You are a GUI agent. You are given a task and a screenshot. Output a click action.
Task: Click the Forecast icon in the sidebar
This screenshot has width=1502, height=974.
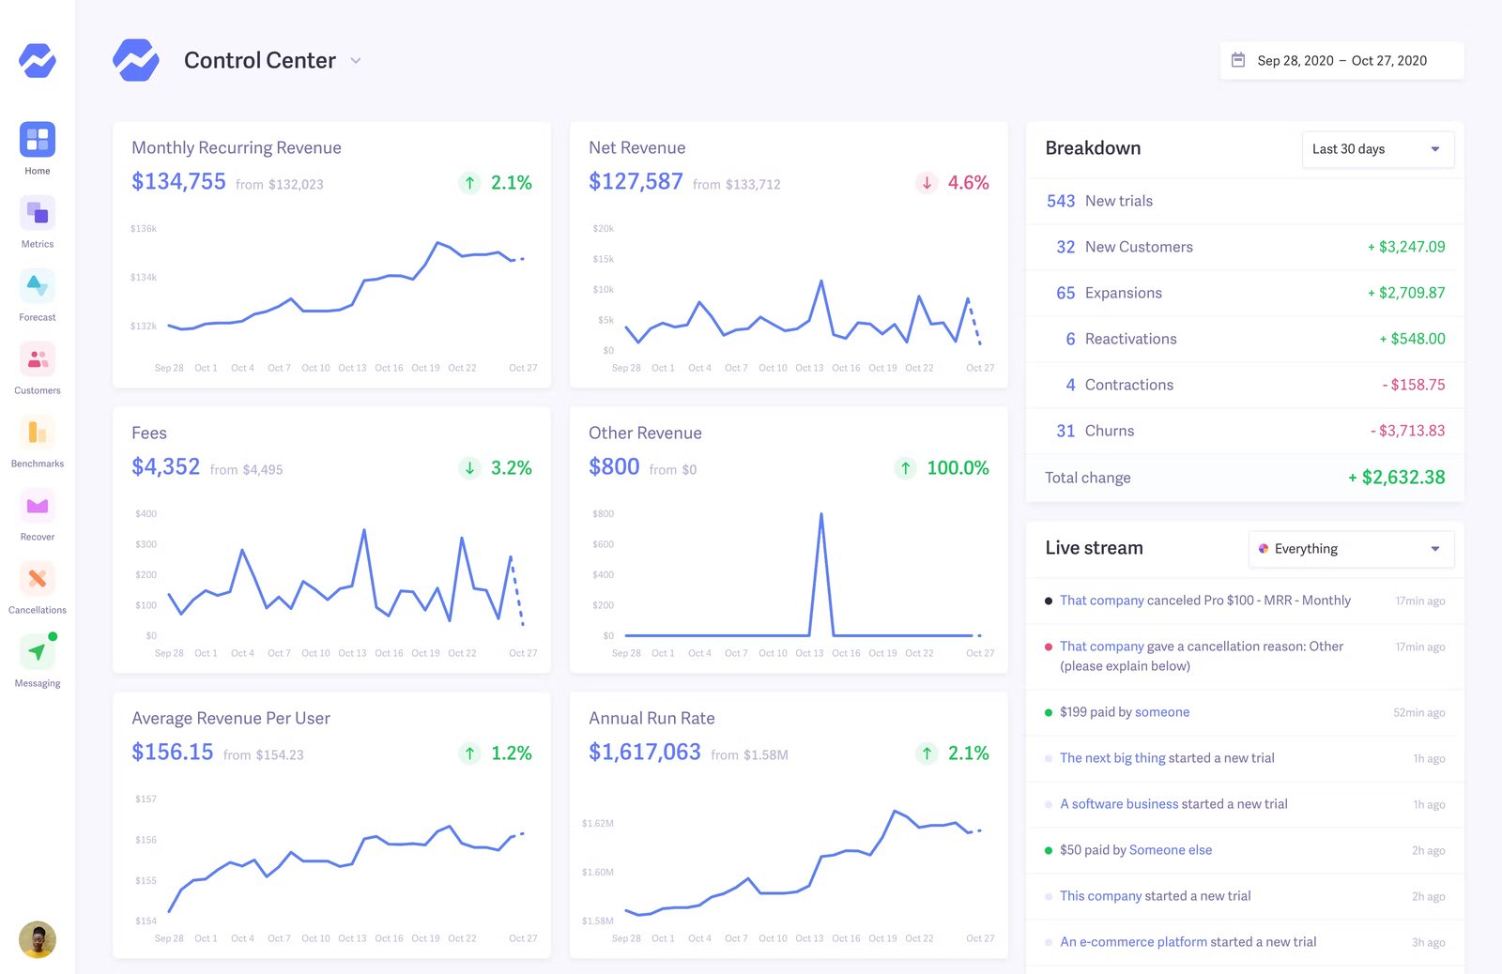(38, 286)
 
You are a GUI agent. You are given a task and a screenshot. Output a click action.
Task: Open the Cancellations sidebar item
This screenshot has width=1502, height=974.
(38, 579)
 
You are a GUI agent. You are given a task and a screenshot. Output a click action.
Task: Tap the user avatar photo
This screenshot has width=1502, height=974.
(38, 939)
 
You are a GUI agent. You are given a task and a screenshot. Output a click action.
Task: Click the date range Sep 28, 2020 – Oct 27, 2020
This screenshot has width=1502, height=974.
(1341, 61)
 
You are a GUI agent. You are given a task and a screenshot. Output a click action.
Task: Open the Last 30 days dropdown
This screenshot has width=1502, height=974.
(1377, 149)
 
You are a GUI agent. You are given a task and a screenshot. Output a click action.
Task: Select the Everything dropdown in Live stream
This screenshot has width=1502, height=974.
(1351, 549)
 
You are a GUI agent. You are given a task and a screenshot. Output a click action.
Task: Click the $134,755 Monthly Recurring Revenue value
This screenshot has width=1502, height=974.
(178, 182)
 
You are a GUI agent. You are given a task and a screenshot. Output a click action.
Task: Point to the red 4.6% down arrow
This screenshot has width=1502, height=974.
(927, 183)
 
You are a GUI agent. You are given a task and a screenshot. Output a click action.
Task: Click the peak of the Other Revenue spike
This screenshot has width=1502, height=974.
(821, 514)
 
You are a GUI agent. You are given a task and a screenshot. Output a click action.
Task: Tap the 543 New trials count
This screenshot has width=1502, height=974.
(1061, 201)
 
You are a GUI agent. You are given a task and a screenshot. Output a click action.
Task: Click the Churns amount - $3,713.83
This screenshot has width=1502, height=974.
(1407, 431)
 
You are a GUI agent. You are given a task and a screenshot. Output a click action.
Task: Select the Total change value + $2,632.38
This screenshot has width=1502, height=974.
(1397, 478)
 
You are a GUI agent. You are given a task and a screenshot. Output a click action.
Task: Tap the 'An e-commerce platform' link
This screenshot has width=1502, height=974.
(1133, 942)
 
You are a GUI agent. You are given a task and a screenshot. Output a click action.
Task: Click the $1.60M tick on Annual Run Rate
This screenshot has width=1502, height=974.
(597, 873)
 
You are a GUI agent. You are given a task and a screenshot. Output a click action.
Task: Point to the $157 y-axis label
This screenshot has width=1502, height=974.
(146, 799)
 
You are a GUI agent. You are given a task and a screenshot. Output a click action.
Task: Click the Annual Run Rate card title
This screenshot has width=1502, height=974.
(651, 719)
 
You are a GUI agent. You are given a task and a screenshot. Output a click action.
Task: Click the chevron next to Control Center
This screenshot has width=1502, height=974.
(356, 61)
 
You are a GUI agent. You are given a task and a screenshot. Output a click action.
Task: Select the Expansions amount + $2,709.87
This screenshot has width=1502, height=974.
(1406, 293)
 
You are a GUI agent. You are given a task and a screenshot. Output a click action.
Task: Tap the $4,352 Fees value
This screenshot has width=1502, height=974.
(165, 467)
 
